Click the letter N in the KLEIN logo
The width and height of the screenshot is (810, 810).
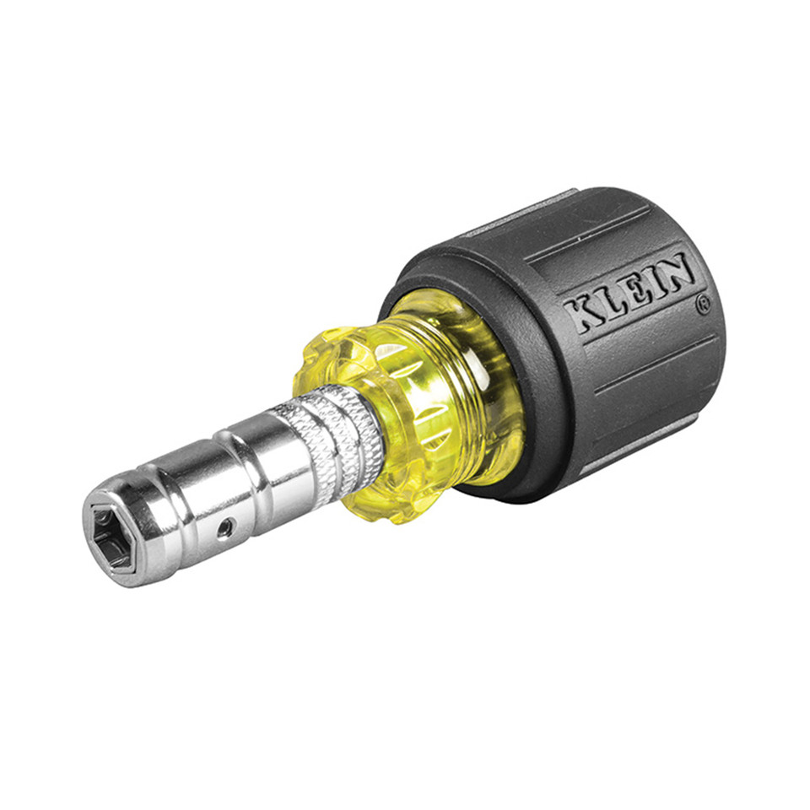(x=678, y=271)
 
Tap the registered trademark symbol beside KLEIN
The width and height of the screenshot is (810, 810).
(x=703, y=305)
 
